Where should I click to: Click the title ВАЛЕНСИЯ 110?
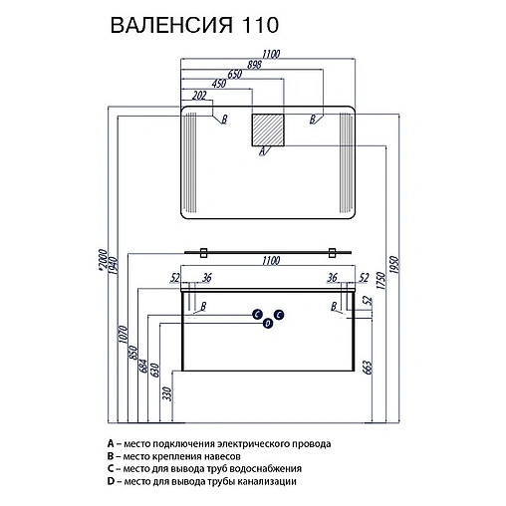point(194,25)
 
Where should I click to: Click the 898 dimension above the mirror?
point(254,65)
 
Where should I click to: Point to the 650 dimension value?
point(234,75)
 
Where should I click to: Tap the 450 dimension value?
point(219,84)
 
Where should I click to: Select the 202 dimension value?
point(199,96)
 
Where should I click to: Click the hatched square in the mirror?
point(268,129)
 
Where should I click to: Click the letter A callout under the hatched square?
point(262,151)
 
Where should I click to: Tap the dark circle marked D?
point(268,323)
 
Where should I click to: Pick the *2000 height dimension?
point(103,261)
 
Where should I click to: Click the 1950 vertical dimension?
point(394,265)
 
